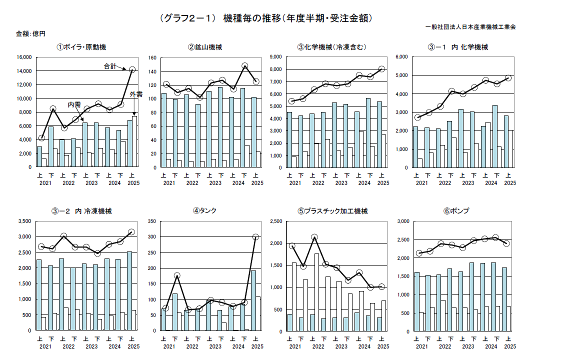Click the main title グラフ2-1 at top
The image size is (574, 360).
tap(266, 18)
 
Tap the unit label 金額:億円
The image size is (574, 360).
tap(31, 34)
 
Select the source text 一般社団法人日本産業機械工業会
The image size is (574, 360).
tap(470, 26)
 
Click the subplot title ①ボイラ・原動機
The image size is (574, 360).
tap(81, 47)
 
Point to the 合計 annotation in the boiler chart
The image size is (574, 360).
tap(109, 66)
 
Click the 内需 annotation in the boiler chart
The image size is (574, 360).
tap(74, 104)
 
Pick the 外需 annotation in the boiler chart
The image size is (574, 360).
tap(136, 94)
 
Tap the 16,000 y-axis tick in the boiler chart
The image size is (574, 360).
tap(23, 57)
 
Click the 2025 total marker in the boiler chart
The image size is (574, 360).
tap(132, 70)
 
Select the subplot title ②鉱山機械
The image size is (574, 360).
tap(205, 47)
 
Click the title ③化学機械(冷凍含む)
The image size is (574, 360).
tap(331, 47)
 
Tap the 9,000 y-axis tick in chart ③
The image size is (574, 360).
tap(277, 57)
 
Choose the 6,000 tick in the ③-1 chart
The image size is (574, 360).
tap(402, 57)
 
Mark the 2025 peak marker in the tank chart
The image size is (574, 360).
tap(255, 237)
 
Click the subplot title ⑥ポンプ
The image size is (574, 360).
tap(456, 211)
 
